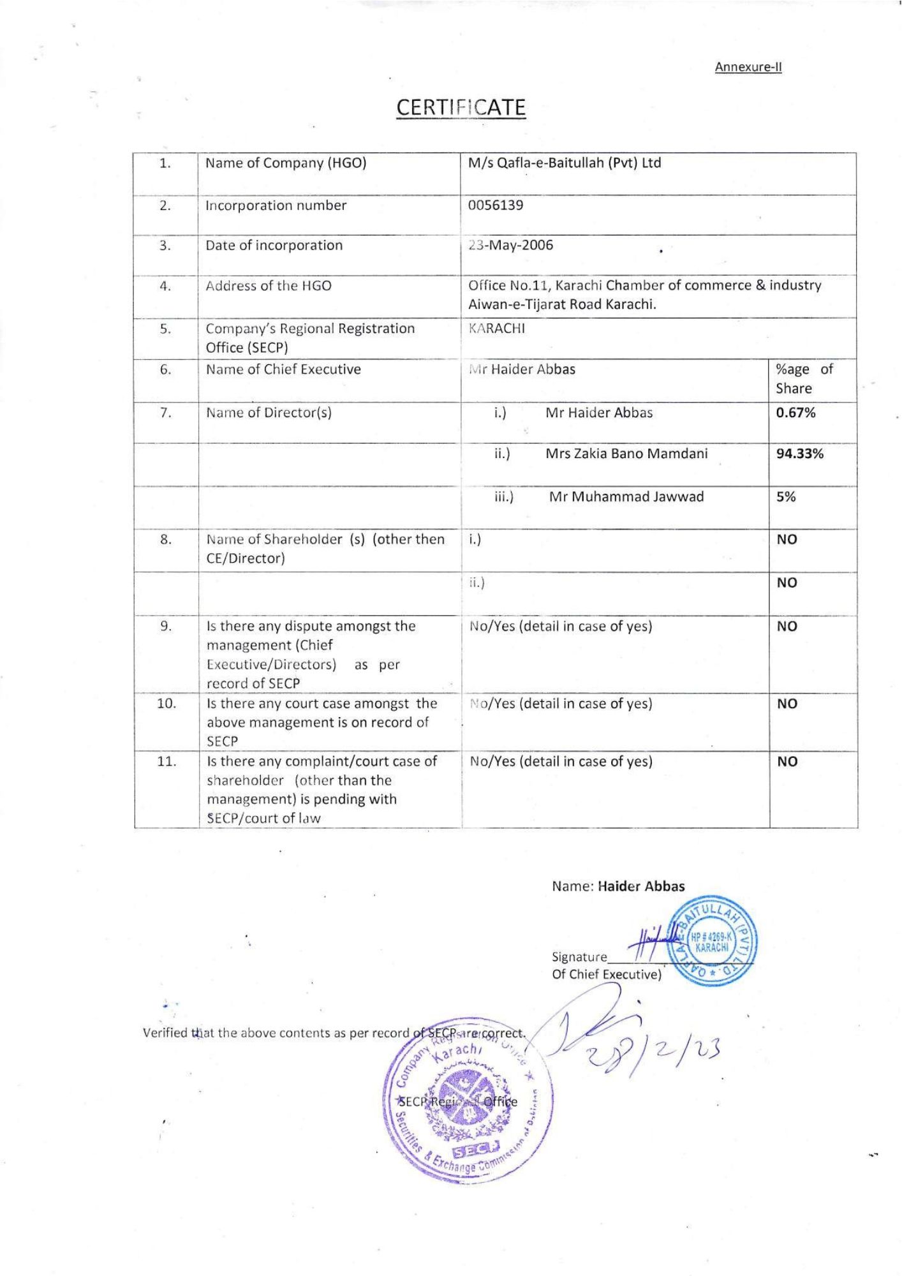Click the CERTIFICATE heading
coord(461,107)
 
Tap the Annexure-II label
coord(748,67)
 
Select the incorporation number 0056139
coord(496,205)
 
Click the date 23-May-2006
coord(510,246)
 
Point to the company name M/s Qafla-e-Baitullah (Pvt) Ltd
coord(565,163)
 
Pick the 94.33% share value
coord(800,454)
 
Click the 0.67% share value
coord(795,413)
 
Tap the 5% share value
coord(786,497)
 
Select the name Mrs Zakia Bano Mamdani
coord(626,454)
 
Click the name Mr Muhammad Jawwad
coord(626,497)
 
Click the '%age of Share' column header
coord(804,379)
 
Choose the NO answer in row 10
coord(787,704)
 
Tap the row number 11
coord(166,762)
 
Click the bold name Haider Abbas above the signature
coord(641,886)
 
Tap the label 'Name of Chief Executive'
coord(283,370)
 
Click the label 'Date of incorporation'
coord(274,246)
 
